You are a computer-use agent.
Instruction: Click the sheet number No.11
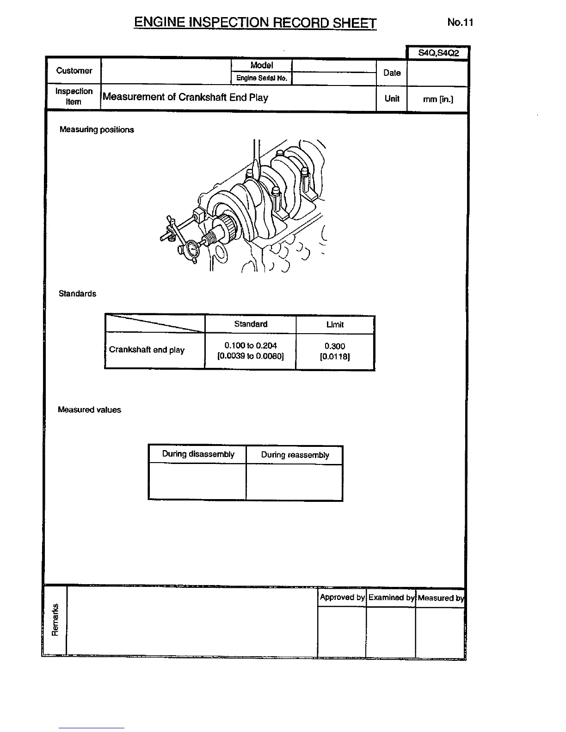460,22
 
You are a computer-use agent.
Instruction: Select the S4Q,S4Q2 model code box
438,53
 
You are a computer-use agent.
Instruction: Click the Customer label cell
74,71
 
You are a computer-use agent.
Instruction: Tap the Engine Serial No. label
262,78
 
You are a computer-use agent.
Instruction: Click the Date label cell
392,73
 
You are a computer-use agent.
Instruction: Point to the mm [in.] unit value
438,99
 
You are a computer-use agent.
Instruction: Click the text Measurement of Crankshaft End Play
185,97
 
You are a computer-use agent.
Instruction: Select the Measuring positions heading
97,130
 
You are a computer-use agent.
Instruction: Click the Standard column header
251,324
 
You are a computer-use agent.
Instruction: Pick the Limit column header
335,324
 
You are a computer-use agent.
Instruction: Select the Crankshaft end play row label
147,350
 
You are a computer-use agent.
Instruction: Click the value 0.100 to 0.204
251,345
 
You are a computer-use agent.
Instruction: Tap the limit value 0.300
335,346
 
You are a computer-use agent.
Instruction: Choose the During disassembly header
198,454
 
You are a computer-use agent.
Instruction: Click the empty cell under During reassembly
295,482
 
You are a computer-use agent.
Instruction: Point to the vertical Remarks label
55,620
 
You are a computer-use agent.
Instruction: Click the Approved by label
342,597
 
